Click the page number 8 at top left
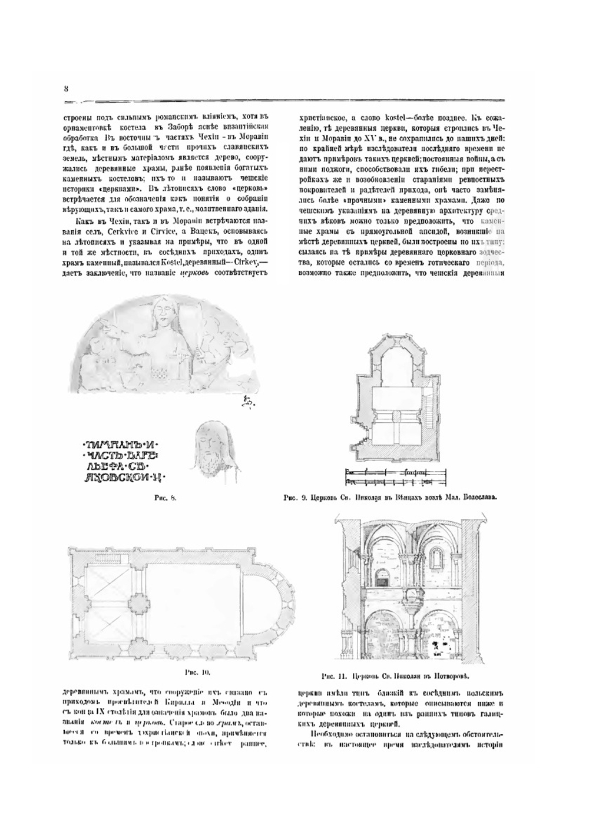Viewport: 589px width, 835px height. (67, 88)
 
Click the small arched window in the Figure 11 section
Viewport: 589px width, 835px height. (436, 556)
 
